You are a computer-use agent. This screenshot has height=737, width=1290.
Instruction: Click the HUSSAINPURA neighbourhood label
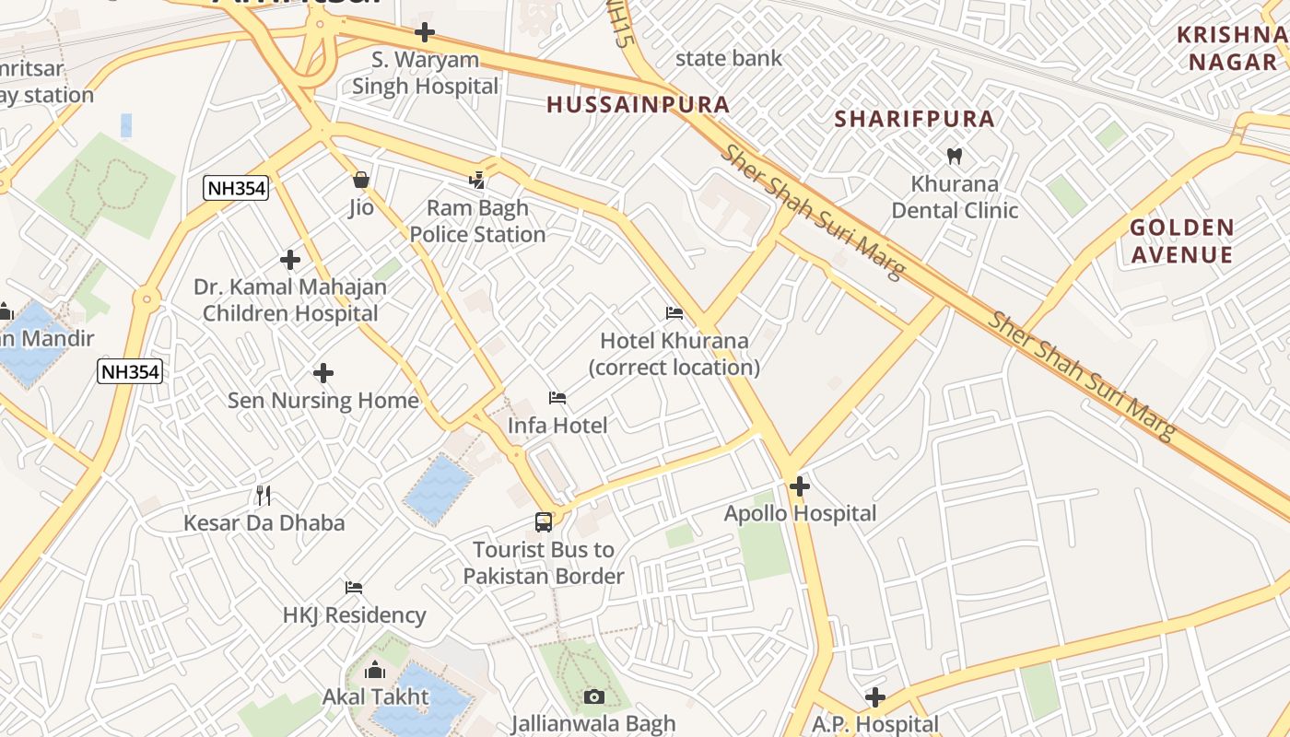pos(638,104)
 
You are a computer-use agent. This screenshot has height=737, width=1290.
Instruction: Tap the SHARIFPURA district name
pos(914,118)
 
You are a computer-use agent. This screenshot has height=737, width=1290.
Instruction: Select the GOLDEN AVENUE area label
pos(1181,240)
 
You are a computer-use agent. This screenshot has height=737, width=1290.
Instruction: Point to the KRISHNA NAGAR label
pos(1231,48)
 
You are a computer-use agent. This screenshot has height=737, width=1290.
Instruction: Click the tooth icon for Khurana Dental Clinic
pos(955,157)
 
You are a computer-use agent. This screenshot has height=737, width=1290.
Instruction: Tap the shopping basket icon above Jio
pos(361,179)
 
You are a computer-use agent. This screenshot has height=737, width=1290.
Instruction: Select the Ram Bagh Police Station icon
pos(477,179)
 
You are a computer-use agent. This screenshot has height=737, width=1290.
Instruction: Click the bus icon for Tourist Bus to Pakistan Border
pos(544,522)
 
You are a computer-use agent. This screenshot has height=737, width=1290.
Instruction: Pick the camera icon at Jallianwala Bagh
pos(594,696)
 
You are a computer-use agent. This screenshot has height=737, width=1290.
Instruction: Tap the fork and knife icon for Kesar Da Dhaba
pos(264,496)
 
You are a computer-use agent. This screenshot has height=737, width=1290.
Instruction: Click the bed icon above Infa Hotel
pos(557,398)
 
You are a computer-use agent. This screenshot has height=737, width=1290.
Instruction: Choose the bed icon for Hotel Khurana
pos(674,313)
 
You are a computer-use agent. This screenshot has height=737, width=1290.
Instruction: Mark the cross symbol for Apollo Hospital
pos(800,485)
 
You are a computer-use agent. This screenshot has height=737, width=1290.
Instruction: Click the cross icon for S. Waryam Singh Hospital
pos(424,32)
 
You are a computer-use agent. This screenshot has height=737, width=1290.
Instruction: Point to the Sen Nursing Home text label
pos(323,401)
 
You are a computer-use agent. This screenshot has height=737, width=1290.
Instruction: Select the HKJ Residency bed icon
pos(354,588)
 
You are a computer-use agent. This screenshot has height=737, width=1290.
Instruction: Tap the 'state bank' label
pos(728,58)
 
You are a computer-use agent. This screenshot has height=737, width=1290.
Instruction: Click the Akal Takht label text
pos(375,696)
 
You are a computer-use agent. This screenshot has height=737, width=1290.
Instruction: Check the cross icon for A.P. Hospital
pos(874,697)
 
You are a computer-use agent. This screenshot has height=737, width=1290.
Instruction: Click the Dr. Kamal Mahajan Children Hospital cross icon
pos(290,260)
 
